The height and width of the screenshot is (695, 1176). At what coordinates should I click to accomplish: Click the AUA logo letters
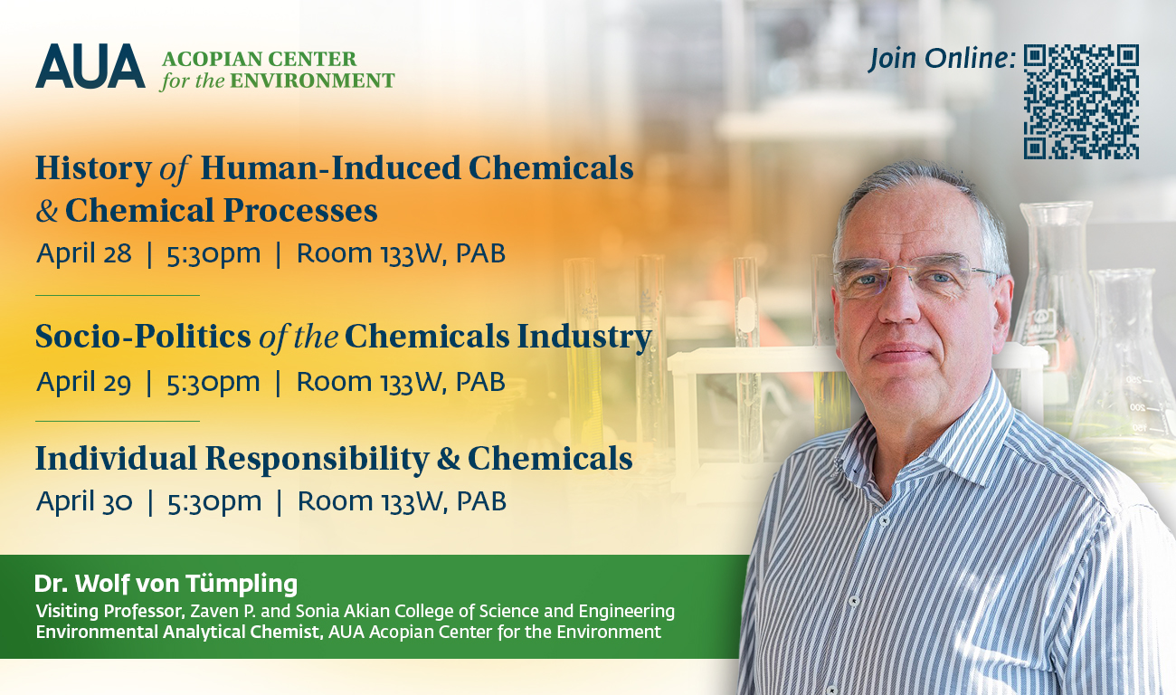click(x=90, y=66)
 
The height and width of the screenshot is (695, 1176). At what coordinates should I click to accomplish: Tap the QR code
click(x=1081, y=101)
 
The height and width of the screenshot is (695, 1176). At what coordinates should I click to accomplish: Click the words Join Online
click(x=942, y=59)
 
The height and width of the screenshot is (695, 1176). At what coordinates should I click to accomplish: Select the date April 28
click(x=84, y=253)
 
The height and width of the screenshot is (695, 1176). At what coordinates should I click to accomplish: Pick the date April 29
click(x=83, y=382)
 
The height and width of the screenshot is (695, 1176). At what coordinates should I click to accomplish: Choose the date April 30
click(x=84, y=501)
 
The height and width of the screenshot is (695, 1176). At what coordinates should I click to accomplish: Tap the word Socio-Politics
click(x=143, y=337)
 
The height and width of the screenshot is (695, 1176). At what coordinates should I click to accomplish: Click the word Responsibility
click(x=318, y=460)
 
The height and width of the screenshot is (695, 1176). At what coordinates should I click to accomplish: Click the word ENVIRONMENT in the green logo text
click(x=312, y=81)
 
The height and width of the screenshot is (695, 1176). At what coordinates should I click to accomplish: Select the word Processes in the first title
click(x=300, y=212)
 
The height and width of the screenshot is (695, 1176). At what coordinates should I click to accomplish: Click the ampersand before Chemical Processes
click(x=47, y=211)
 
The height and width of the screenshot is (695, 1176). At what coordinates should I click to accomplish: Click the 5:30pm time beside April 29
click(x=213, y=383)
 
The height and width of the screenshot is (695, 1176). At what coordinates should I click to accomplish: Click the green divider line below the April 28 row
click(x=118, y=295)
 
